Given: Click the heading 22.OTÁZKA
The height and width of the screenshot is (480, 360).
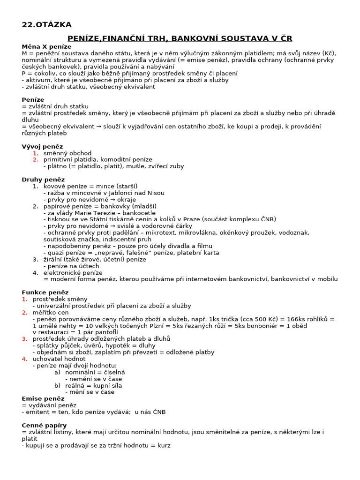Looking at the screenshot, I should [47, 25].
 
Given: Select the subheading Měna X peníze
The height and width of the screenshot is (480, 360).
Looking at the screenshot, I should [46, 46].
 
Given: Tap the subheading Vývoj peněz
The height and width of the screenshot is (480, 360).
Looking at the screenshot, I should [42, 146].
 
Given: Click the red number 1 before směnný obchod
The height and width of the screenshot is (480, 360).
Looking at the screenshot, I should [35, 153].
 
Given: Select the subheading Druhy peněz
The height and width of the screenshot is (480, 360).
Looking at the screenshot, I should [43, 180].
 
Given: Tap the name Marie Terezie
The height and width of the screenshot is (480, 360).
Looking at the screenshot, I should [93, 213].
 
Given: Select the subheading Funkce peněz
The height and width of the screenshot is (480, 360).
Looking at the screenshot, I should [45, 292].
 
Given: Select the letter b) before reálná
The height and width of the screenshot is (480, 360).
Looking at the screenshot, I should [57, 385].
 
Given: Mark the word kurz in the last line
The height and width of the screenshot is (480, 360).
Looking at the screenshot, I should [163, 445].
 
